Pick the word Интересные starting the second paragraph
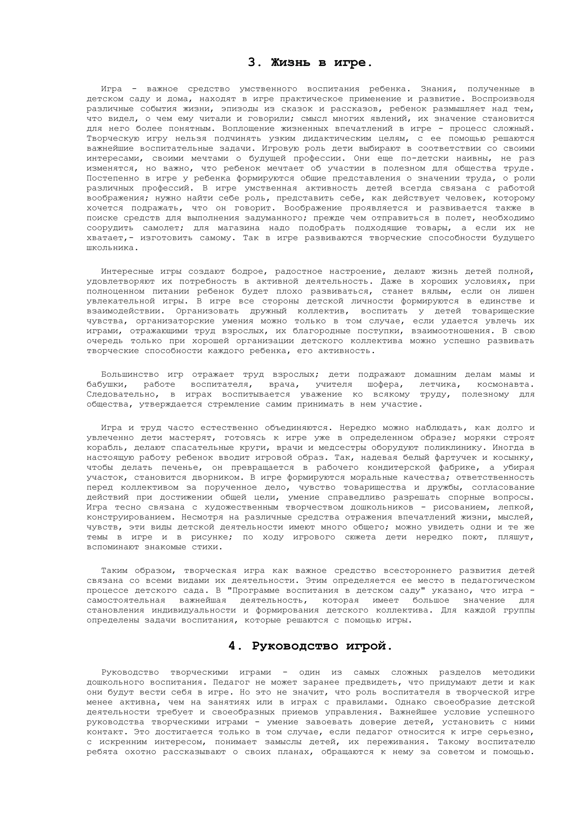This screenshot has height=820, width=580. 127,272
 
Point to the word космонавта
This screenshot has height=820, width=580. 505,385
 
